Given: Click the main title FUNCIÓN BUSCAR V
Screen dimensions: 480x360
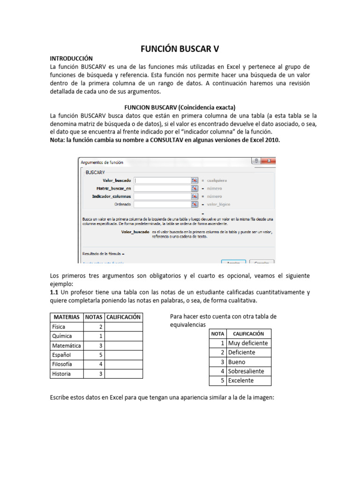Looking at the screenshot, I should pos(180,49).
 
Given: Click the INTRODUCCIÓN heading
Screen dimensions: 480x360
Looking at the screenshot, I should pos(75,59).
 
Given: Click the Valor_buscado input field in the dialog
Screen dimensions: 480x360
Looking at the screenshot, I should pos(162,180).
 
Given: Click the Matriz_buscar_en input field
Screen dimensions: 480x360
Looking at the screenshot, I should pos(162,188).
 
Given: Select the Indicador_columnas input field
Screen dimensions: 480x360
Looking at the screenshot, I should pos(162,196).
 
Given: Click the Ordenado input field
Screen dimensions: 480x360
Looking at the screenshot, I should pos(162,204).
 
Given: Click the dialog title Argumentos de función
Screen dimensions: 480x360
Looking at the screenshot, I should pos(102,162).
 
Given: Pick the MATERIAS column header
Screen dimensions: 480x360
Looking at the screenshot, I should pos(67,317).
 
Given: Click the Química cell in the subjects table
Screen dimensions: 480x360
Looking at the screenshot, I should pos(62,336).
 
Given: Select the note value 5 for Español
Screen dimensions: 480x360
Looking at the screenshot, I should pos(100,355).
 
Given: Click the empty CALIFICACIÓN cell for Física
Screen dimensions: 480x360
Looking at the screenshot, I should pos(124,327).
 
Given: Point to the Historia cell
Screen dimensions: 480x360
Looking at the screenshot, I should pos(62,374).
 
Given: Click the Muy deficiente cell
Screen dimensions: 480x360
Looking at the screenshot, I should pos(248,343).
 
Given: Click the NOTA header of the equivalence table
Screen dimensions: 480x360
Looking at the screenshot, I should pos(218,334).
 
